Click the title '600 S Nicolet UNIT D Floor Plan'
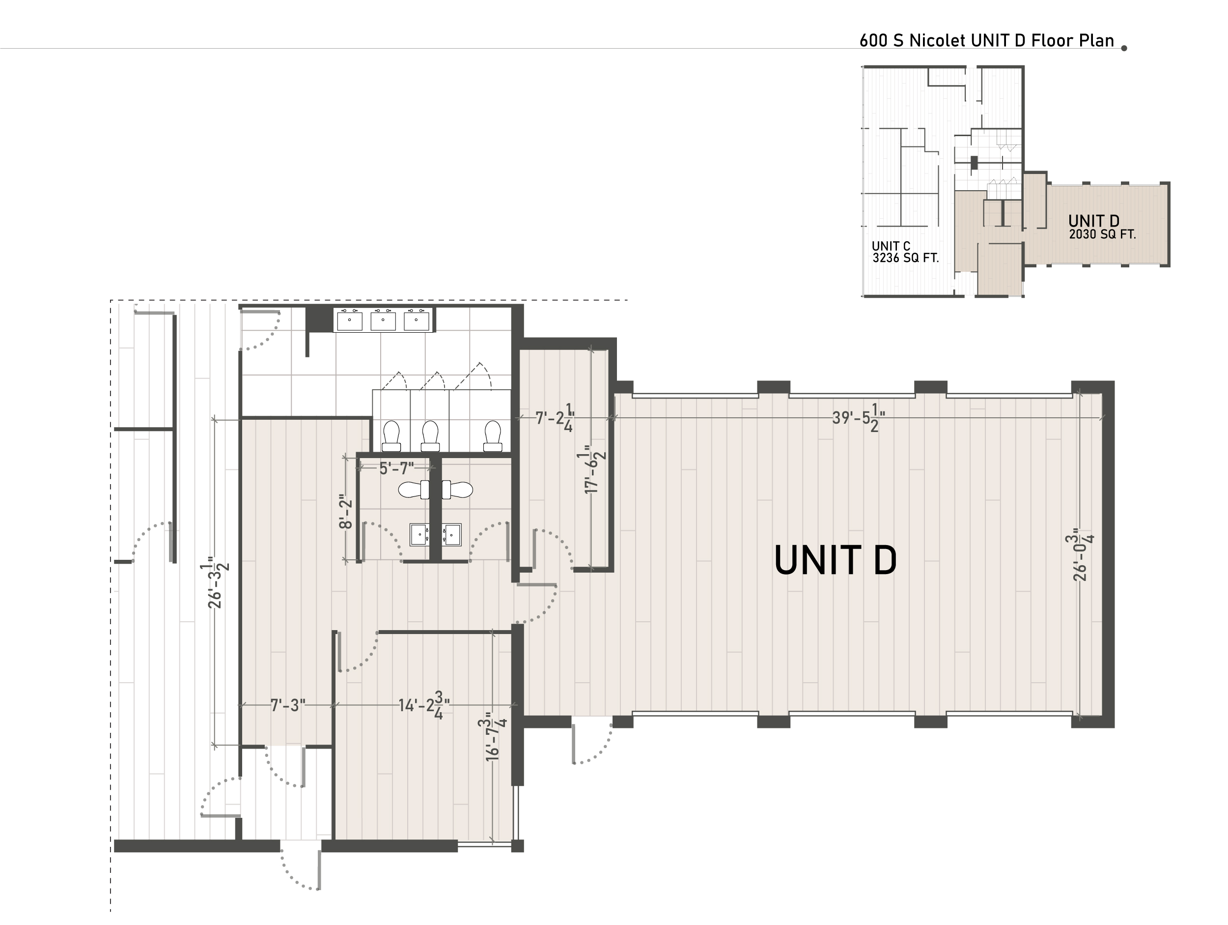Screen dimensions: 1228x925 pos(986,41)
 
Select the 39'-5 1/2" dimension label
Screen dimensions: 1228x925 pos(858,418)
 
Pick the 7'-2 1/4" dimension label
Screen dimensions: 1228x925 pos(555,418)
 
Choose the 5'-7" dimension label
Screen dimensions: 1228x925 pos(396,468)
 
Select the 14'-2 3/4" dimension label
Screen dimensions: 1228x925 pos(424,706)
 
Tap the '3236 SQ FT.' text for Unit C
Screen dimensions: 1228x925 pos(905,258)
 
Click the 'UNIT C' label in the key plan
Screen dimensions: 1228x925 pos(891,246)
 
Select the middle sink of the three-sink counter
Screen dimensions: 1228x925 pos(383,320)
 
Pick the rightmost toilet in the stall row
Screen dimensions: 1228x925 pos(492,435)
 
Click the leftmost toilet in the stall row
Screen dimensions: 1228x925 pos(391,435)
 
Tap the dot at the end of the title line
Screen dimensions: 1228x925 pos(1124,48)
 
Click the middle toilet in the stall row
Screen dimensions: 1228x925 pos(430,435)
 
